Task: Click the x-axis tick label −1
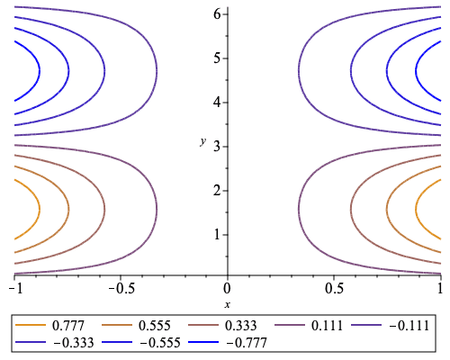pyautogui.click(x=13, y=287)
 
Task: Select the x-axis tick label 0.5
pyautogui.click(x=334, y=287)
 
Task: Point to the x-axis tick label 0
pyautogui.click(x=227, y=287)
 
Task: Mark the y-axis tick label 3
pyautogui.click(x=218, y=146)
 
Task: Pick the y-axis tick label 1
pyautogui.click(x=218, y=234)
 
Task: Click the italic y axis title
pyautogui.click(x=203, y=141)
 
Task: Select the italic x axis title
pyautogui.click(x=227, y=304)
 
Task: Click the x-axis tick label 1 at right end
pyautogui.click(x=440, y=287)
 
